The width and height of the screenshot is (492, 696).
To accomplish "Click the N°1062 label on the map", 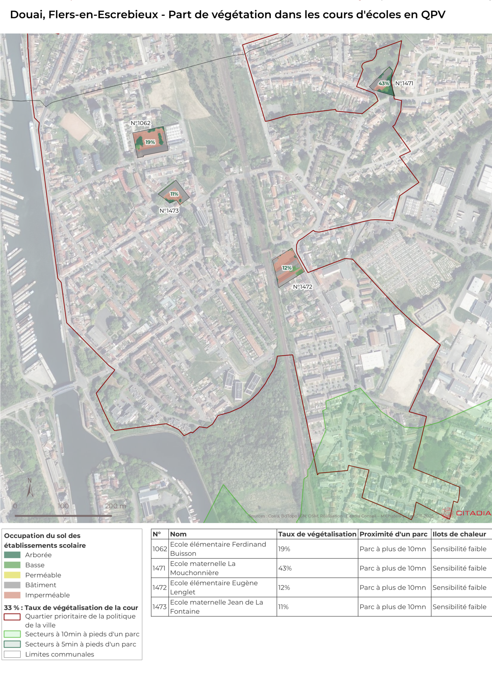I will pos(140,123).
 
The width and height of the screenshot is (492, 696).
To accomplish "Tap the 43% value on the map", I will pos(383,83).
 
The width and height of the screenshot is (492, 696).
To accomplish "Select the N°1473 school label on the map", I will pos(169,211).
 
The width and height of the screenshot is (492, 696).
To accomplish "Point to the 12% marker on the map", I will pos(286,268).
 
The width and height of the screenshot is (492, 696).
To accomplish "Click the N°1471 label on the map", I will pos(404,83).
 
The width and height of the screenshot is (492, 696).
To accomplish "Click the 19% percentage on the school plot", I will pos(150,142).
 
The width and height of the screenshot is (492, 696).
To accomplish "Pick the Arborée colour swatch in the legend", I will pos(12,555).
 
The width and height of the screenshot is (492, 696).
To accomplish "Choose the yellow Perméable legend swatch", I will pos(12,575).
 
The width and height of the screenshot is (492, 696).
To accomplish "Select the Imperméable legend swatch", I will pos(12,595).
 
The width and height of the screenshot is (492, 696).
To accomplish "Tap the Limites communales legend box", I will pos(12,654).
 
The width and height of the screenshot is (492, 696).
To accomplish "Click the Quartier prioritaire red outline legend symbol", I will pos(12,617).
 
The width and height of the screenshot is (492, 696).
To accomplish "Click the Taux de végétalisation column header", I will pos(317,534).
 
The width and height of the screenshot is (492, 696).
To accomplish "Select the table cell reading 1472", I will pos(160,588).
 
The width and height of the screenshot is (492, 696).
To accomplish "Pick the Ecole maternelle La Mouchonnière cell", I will pos(202,568).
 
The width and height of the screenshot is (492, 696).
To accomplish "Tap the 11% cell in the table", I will pos(283,607).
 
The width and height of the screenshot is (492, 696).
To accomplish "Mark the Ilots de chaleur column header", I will pos(459,534).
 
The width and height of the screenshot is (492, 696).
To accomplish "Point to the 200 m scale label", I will pos(115,506).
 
